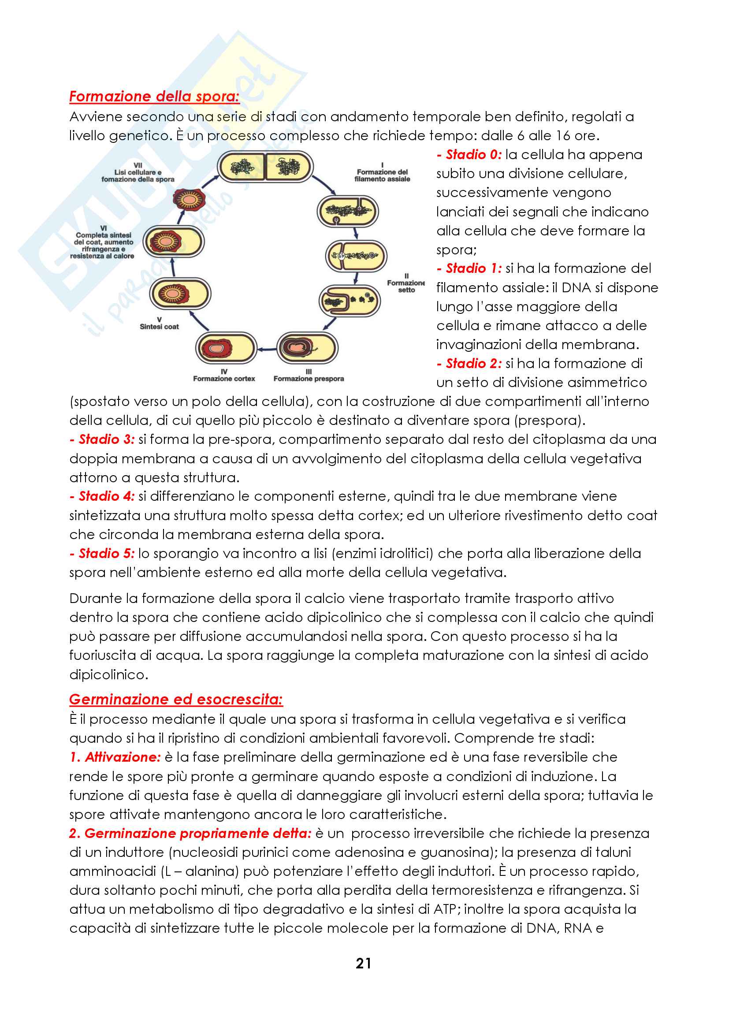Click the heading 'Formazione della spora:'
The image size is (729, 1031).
(154, 97)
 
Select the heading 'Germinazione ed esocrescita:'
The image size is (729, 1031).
(176, 699)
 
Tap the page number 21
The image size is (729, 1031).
(363, 963)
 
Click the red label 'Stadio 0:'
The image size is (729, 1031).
(469, 154)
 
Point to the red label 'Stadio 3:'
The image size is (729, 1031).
(102, 439)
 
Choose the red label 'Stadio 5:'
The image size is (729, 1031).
(102, 553)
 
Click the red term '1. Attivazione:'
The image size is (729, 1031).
(115, 757)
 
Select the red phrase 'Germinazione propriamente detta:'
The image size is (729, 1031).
(190, 834)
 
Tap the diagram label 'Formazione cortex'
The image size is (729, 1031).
(224, 379)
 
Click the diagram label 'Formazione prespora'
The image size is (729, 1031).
(309, 379)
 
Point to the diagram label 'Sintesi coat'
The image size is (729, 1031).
(160, 327)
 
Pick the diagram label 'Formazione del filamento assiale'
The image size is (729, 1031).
(383, 175)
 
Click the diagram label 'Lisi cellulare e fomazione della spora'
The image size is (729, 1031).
(138, 175)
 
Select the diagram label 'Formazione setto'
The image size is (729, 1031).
(406, 286)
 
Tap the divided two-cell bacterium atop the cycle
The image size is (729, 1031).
(265, 167)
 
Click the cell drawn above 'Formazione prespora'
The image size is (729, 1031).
(307, 347)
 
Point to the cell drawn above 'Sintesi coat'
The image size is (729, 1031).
(179, 294)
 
